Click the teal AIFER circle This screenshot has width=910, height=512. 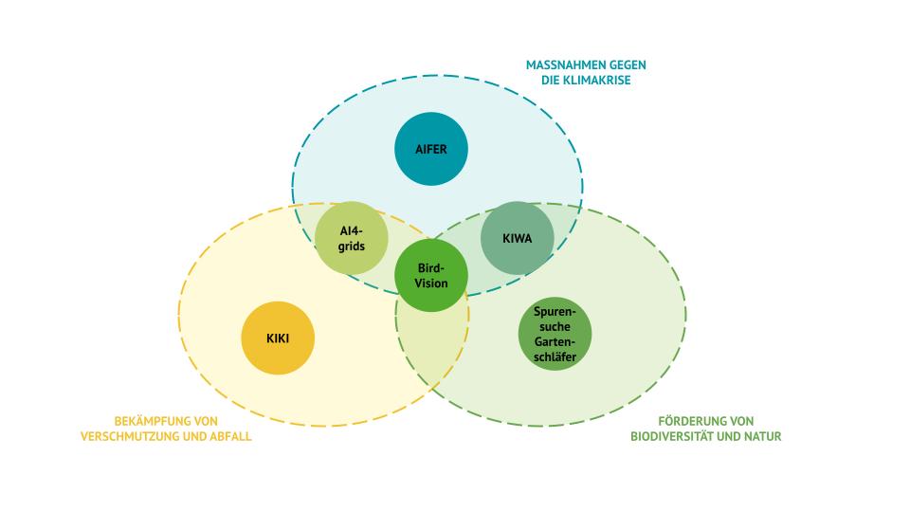click(431, 149)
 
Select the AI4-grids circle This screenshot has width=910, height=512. click(352, 238)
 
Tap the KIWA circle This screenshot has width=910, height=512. click(518, 238)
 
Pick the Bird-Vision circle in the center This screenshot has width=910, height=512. click(431, 275)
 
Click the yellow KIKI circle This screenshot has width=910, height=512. click(278, 338)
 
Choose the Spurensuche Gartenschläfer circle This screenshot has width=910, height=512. click(555, 334)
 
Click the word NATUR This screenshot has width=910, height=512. click(764, 436)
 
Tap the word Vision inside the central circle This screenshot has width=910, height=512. click(431, 283)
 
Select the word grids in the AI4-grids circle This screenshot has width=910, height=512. click(352, 247)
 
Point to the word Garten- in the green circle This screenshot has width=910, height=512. click(555, 342)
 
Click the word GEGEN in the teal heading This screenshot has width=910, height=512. click(627, 65)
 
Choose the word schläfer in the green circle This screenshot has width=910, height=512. click(555, 357)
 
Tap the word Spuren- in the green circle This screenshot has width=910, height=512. click(555, 312)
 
